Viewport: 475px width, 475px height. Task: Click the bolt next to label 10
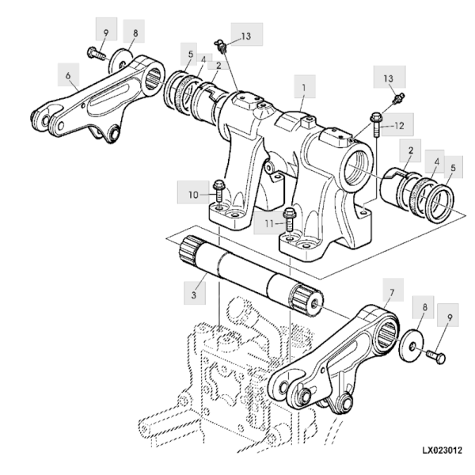coord(219,192)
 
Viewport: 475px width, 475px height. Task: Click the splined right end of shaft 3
coord(306,300)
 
